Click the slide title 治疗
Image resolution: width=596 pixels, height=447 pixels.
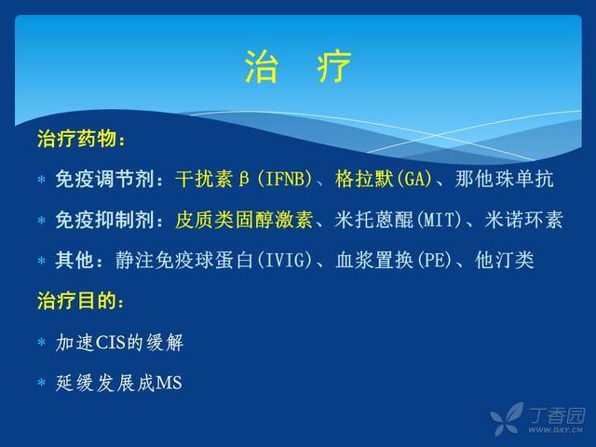point(298,67)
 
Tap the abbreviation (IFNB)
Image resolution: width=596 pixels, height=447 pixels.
point(284,179)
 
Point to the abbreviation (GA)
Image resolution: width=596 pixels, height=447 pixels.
point(413,179)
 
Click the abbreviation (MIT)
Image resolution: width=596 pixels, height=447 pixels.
point(439,220)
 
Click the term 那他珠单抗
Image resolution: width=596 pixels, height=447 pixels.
point(504,179)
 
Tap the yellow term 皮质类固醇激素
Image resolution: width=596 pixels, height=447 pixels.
point(244,220)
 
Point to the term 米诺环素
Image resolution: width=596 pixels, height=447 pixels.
point(523,220)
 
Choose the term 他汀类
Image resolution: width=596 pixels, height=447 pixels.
point(505,261)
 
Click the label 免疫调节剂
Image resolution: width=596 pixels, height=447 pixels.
point(104,179)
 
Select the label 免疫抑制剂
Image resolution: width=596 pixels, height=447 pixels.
point(104,220)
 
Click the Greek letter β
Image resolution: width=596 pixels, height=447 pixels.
point(244,180)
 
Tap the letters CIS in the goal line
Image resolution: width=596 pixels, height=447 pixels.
point(111,342)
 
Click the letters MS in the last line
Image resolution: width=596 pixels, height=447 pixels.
point(169,383)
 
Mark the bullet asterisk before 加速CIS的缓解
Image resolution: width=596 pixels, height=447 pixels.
point(41,342)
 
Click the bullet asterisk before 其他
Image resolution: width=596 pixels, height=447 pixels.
point(41,261)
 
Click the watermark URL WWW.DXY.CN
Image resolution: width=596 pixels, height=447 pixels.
point(555,430)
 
